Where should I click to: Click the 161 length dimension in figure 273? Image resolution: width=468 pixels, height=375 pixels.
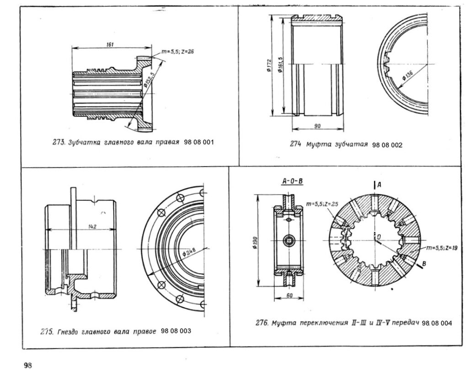pos(110,44)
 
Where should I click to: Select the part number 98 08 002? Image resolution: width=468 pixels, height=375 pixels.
pos(387,145)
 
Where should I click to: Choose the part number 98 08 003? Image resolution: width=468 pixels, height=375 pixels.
pos(176,330)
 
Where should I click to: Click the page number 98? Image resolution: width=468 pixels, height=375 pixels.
pos(28,365)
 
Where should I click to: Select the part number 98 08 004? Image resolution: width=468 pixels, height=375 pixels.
pos(437,323)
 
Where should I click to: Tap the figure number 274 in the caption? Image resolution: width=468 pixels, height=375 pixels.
pos(295,145)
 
